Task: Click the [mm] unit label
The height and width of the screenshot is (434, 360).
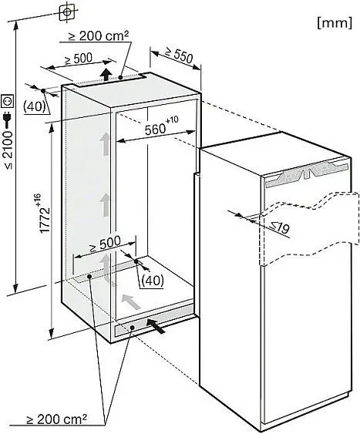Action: click(335, 22)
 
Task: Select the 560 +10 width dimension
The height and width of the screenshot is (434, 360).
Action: click(162, 126)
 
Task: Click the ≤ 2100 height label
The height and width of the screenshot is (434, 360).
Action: click(8, 150)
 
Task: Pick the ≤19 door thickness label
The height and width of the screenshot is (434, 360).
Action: click(280, 227)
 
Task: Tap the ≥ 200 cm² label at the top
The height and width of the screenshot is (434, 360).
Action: click(99, 35)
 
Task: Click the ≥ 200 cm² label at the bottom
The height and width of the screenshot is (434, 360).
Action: click(56, 419)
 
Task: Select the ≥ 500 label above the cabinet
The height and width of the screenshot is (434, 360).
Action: click(79, 59)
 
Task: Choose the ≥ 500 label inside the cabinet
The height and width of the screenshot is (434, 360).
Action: click(104, 244)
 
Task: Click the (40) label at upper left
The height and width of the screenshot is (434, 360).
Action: click(35, 106)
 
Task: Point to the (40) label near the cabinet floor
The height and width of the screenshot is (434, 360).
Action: click(153, 281)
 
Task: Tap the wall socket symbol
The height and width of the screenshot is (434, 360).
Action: click(8, 101)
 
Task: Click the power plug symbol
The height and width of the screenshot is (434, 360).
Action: click(8, 119)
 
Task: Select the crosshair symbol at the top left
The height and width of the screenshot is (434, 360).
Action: click(67, 12)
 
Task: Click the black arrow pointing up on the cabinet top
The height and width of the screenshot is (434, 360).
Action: click(106, 74)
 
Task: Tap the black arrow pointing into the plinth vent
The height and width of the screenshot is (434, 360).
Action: click(156, 326)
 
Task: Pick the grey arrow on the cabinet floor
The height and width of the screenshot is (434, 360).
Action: click(131, 301)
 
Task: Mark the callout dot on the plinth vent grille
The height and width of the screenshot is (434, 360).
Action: click(133, 328)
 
